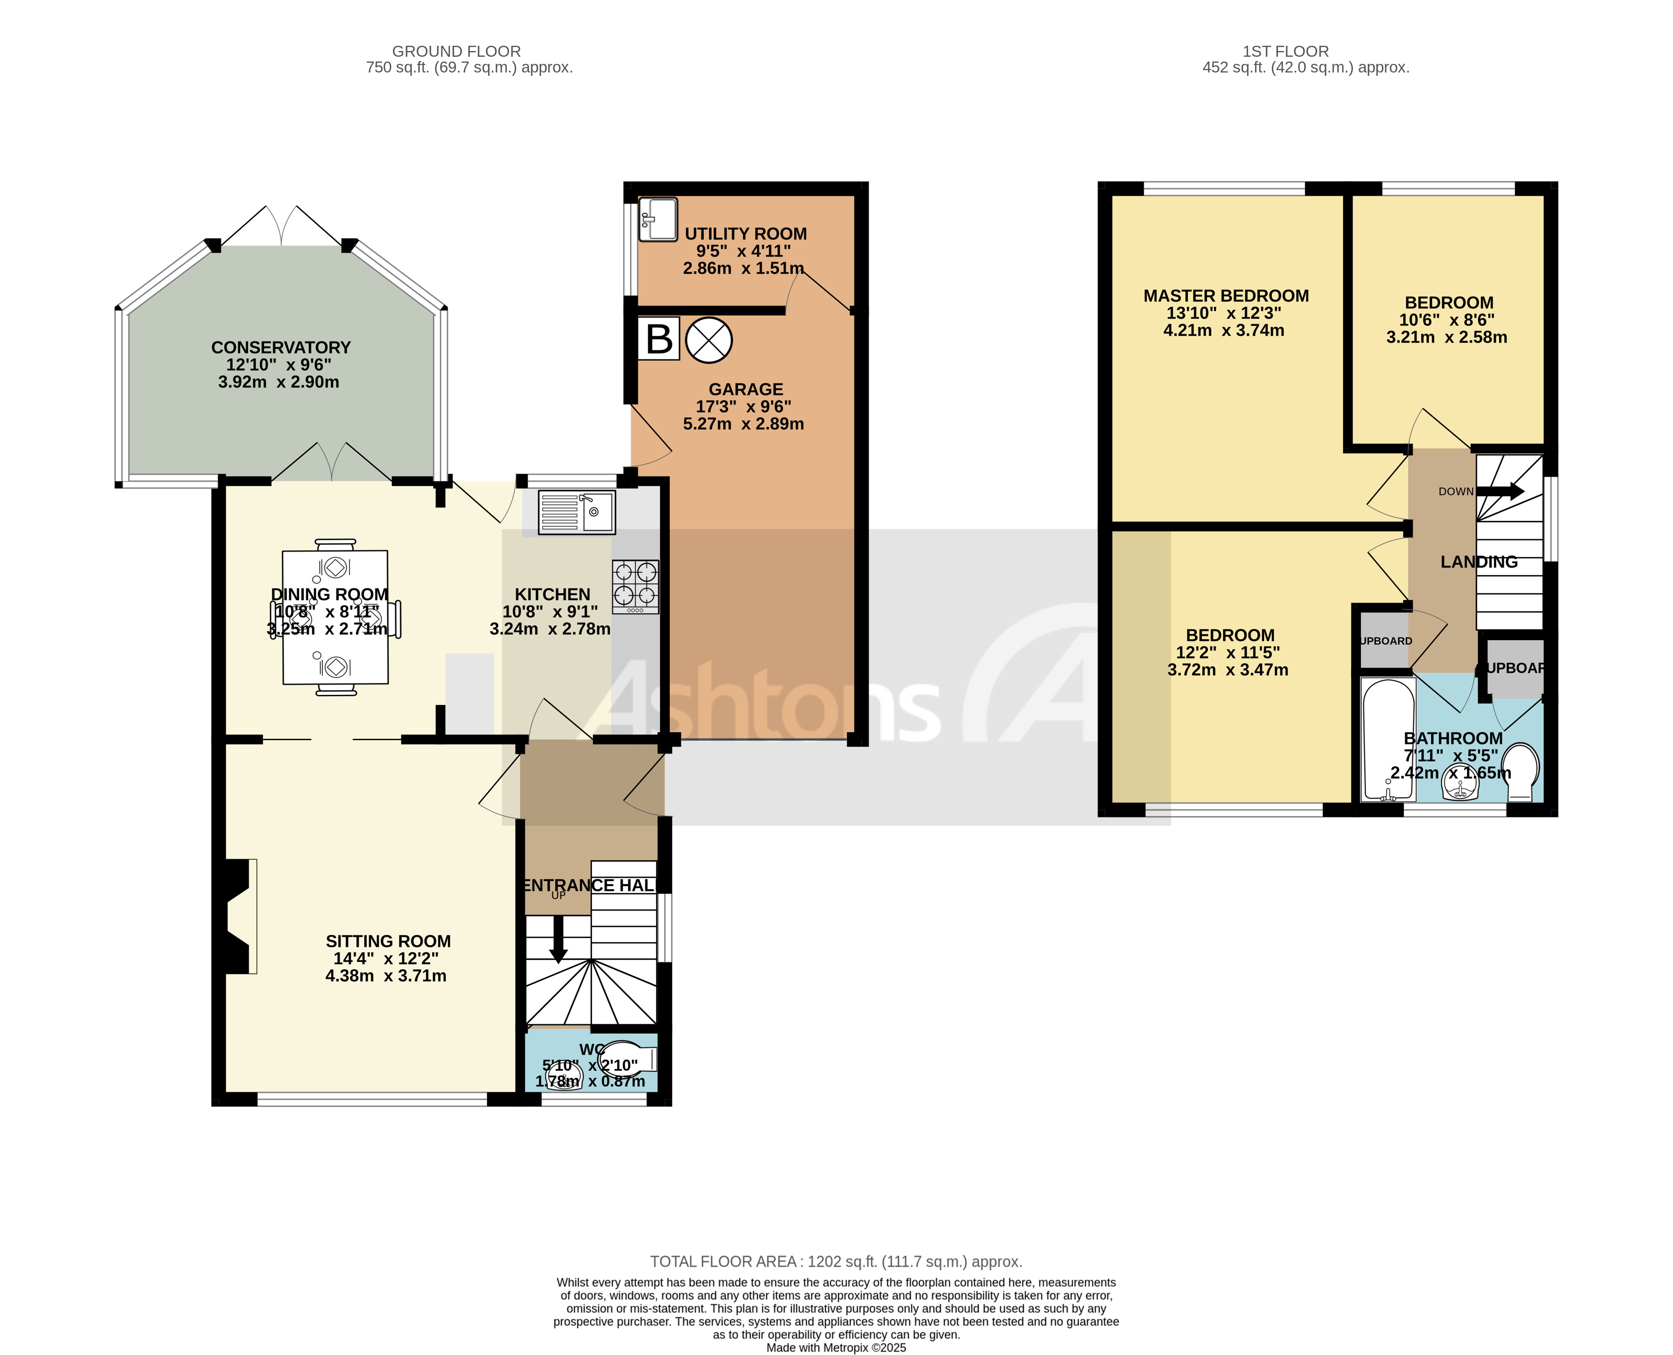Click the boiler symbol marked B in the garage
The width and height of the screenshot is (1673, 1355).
point(659,339)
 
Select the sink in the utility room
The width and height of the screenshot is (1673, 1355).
point(657,219)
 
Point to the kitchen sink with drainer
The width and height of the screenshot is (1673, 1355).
point(576,512)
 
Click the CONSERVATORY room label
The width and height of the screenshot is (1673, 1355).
point(281,347)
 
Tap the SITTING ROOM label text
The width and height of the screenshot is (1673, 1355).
point(388,941)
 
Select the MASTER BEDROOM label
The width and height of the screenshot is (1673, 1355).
point(1226,296)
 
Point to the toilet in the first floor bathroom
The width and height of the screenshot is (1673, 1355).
point(1519,771)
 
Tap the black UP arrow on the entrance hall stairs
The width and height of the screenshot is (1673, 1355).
point(558,940)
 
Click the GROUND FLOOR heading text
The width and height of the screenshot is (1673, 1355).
point(456,52)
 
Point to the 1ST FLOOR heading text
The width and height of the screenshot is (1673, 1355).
point(1285,52)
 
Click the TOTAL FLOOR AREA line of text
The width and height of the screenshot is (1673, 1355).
point(836,1262)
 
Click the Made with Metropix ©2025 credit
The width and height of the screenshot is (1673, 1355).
point(836,1347)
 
